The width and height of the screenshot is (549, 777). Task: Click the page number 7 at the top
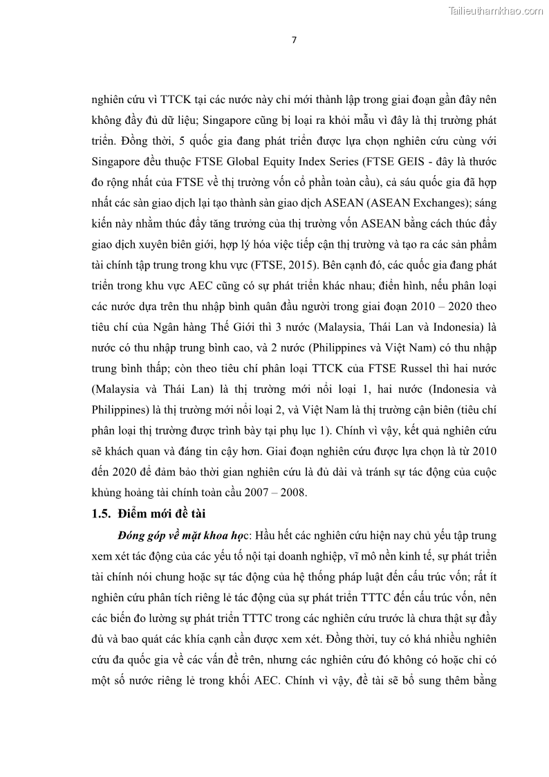[x=294, y=39]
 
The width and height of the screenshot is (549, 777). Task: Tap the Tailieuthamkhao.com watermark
[x=496, y=10]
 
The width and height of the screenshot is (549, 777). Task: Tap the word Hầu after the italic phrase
[x=270, y=536]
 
